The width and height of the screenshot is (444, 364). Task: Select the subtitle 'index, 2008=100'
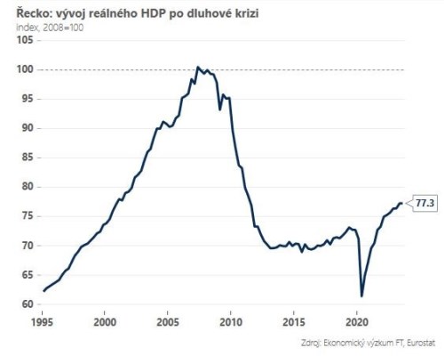pyautogui.click(x=52, y=28)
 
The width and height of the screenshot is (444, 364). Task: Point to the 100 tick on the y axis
pyautogui.click(x=26, y=69)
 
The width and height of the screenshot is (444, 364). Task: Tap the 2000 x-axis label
pyautogui.click(x=105, y=321)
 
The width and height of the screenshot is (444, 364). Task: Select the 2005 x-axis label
pyautogui.click(x=168, y=321)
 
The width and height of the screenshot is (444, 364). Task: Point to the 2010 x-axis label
pyautogui.click(x=231, y=321)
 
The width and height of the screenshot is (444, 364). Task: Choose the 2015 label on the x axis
pyautogui.click(x=293, y=321)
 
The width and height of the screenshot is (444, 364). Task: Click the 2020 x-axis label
pyautogui.click(x=356, y=321)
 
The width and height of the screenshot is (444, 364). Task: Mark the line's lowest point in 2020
pyautogui.click(x=361, y=295)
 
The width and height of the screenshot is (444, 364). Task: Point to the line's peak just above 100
pyautogui.click(x=198, y=67)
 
